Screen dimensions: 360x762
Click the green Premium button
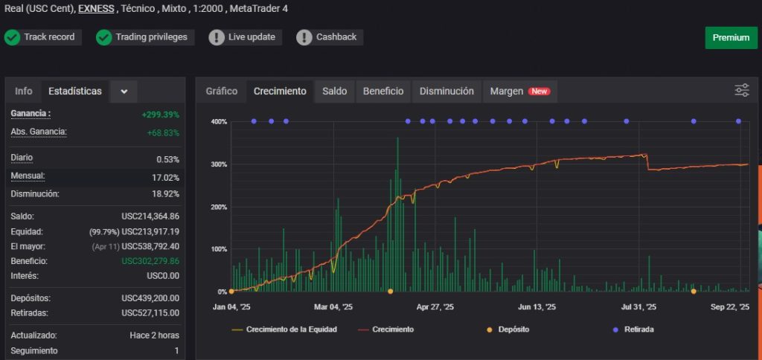(731, 38)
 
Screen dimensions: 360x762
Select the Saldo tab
(334, 91)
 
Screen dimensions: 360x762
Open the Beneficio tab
(383, 91)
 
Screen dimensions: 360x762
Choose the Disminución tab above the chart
(446, 91)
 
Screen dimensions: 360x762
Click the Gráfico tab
(222, 91)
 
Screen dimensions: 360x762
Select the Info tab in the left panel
(24, 91)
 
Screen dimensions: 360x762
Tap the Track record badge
(42, 37)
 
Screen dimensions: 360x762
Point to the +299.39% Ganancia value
(160, 115)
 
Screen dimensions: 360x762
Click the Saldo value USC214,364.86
(150, 216)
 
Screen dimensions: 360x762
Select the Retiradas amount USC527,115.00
(150, 313)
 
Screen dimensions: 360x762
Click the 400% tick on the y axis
(219, 122)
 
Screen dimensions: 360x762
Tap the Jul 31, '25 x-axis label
(638, 306)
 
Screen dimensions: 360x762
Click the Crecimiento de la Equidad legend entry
(284, 329)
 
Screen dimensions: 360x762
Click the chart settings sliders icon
(742, 91)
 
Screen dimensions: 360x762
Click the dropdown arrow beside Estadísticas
(124, 91)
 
